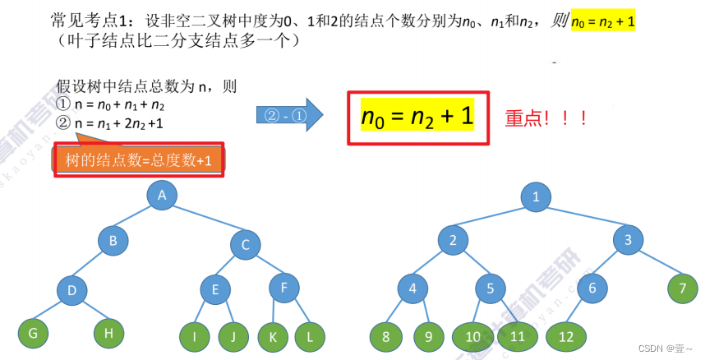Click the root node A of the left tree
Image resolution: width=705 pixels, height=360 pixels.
[x=163, y=195]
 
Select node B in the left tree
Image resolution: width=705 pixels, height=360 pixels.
[x=113, y=241]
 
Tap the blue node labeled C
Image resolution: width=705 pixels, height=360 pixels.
[x=245, y=243]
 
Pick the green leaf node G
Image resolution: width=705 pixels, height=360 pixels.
[x=34, y=333]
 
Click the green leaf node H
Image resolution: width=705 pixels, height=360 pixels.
[x=108, y=333]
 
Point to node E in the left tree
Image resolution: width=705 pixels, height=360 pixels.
[x=215, y=288]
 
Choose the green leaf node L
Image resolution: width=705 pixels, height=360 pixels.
[x=309, y=336]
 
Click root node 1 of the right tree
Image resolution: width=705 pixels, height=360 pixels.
[x=536, y=196]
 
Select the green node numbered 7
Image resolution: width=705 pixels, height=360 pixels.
[x=681, y=288]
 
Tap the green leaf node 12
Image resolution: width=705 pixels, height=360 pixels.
[x=565, y=337]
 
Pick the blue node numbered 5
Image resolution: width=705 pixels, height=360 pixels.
[x=490, y=288]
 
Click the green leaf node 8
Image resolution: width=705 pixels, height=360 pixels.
[x=385, y=337]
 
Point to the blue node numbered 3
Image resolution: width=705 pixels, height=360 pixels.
[x=628, y=240]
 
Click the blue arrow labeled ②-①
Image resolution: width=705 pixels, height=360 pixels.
[x=289, y=116]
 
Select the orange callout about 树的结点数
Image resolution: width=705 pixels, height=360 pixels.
[x=139, y=161]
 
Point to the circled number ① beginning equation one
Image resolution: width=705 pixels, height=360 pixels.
[x=63, y=104]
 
